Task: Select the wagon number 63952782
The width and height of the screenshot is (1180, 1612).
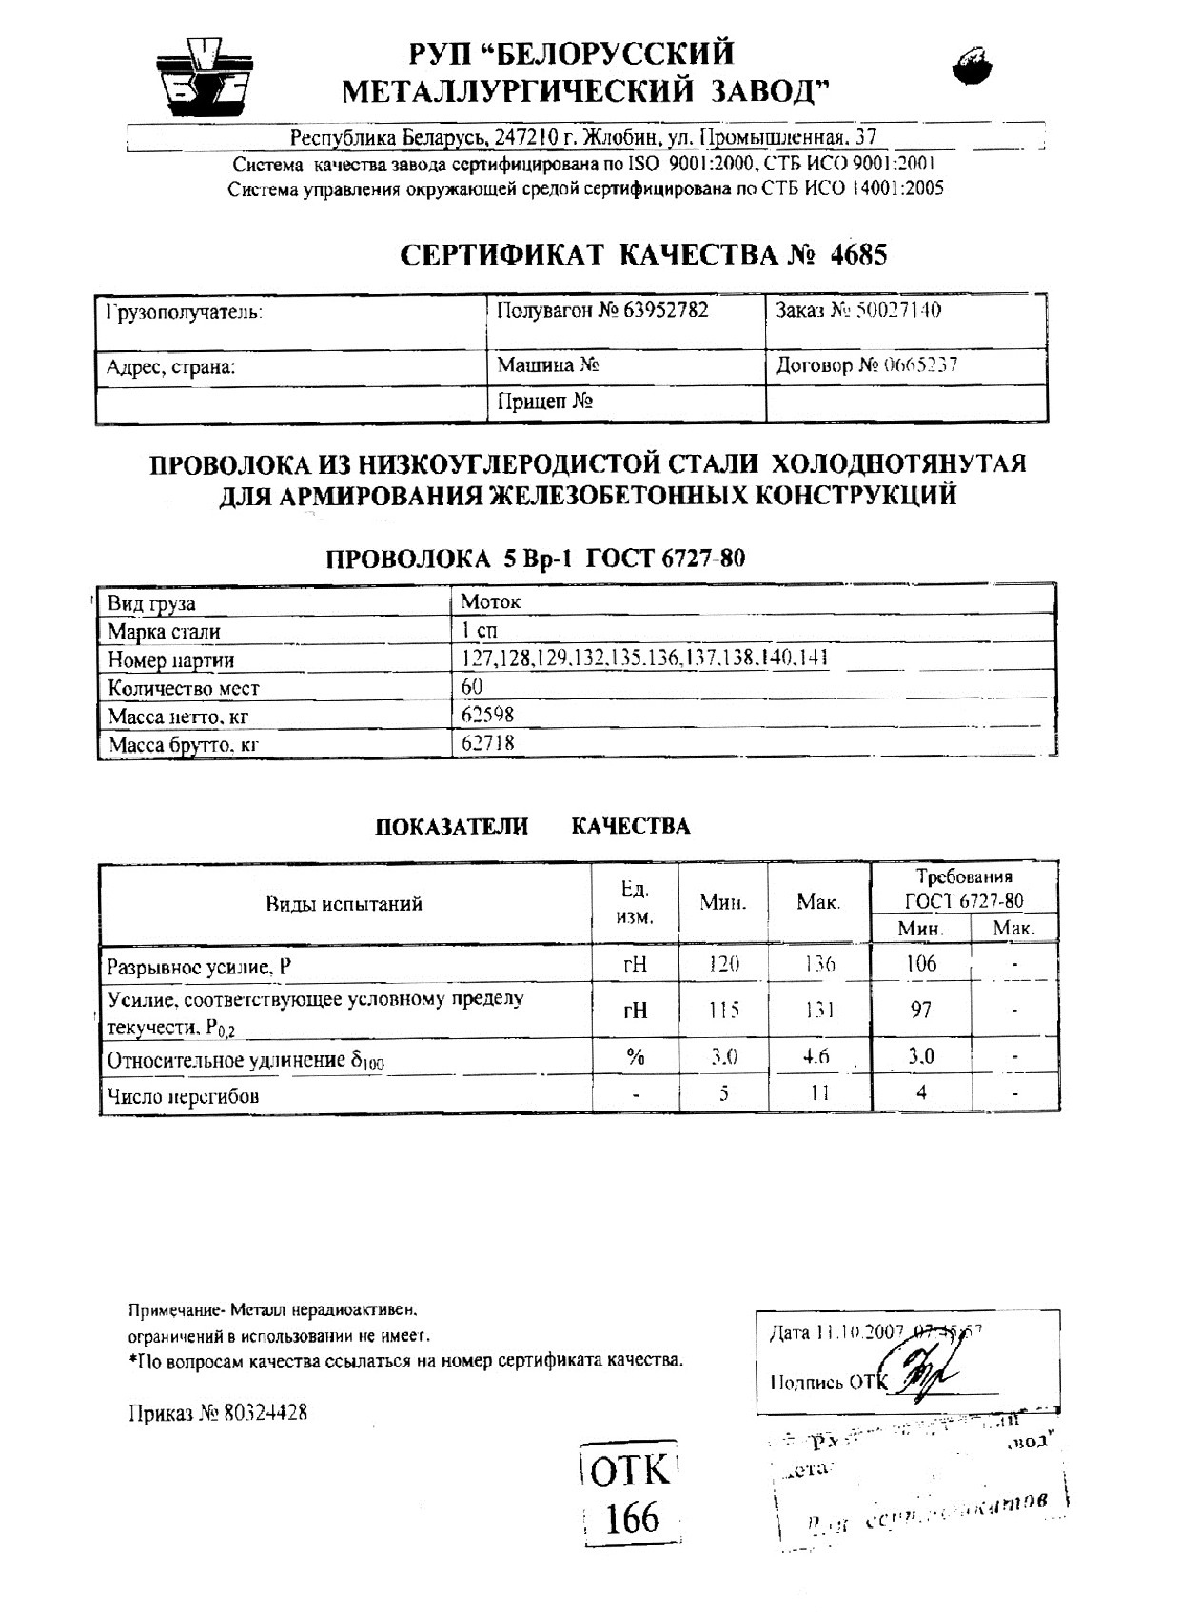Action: pos(666,310)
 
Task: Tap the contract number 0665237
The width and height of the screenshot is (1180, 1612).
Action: pos(908,365)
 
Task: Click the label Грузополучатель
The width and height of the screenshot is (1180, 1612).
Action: pos(185,312)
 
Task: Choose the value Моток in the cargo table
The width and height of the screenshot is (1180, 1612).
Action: pos(490,601)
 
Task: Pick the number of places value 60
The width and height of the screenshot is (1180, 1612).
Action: pos(472,686)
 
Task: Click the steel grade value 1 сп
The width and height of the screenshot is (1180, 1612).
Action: pos(480,630)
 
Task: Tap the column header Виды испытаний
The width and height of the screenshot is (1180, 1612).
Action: pos(344,903)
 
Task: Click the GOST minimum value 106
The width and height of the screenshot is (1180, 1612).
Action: pos(920,964)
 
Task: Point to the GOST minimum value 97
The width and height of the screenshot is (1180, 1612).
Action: pos(920,1009)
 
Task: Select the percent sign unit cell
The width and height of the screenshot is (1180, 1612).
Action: pos(635,1056)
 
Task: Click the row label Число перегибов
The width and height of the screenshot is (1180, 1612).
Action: pos(184,1096)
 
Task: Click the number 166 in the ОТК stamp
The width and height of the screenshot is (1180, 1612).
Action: pos(631,1518)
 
